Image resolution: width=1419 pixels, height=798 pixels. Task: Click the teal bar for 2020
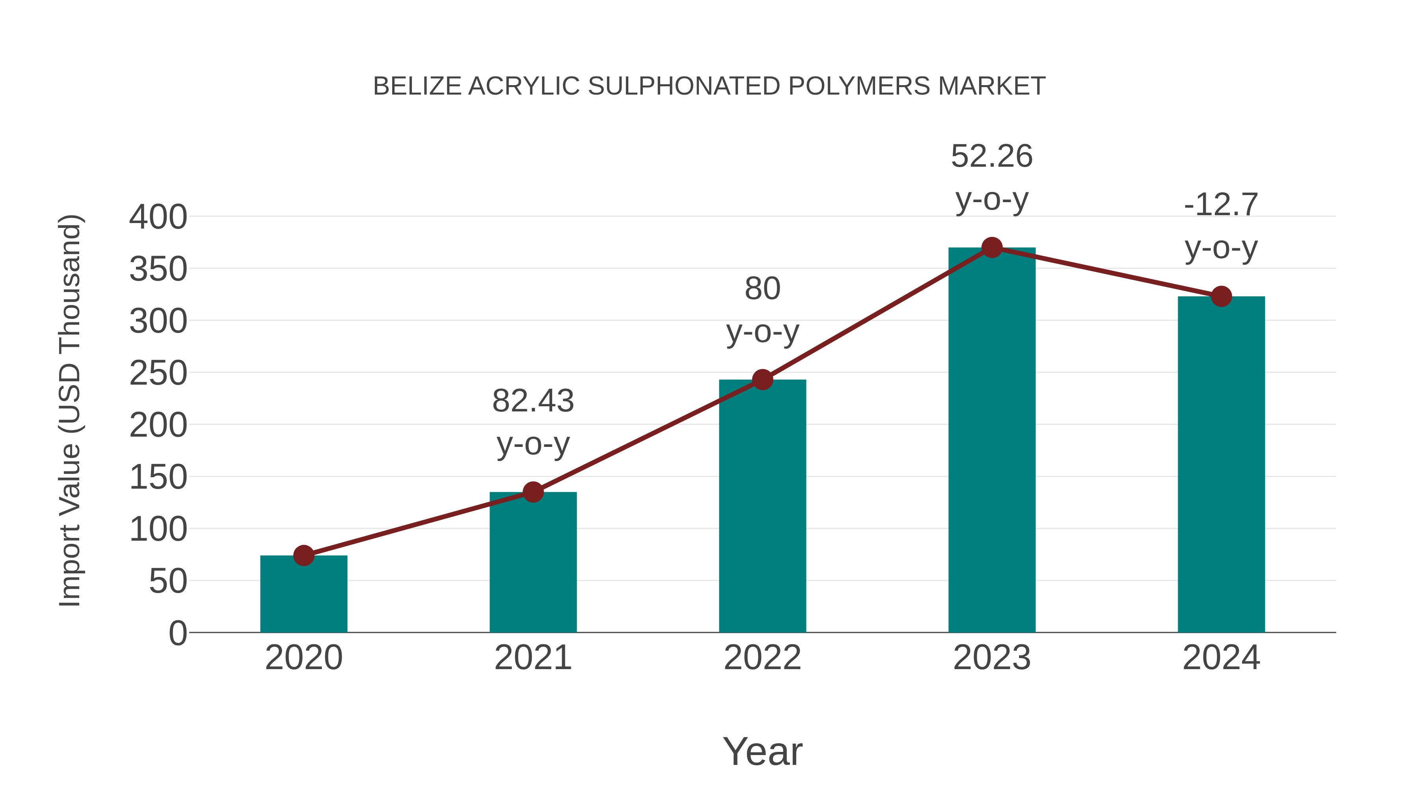(x=304, y=595)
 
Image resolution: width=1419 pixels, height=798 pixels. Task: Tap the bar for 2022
(x=762, y=507)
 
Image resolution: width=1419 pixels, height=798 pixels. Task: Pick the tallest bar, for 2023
(x=992, y=441)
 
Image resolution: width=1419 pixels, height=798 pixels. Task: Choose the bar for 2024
(x=1221, y=465)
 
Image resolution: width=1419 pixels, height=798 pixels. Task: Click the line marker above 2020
(x=304, y=556)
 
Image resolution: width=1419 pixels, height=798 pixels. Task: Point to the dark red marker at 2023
(x=992, y=248)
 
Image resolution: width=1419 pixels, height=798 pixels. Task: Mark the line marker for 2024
(x=1221, y=296)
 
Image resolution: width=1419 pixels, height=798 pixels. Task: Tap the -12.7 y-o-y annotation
(x=1221, y=226)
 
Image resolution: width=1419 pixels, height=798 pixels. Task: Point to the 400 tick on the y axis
(x=158, y=217)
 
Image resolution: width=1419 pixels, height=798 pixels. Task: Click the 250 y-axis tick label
(x=158, y=374)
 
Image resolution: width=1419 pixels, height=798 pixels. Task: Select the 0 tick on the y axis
(x=177, y=633)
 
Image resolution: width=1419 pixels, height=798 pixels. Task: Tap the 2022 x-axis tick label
(x=762, y=658)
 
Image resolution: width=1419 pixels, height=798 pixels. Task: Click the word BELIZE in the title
(x=417, y=86)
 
